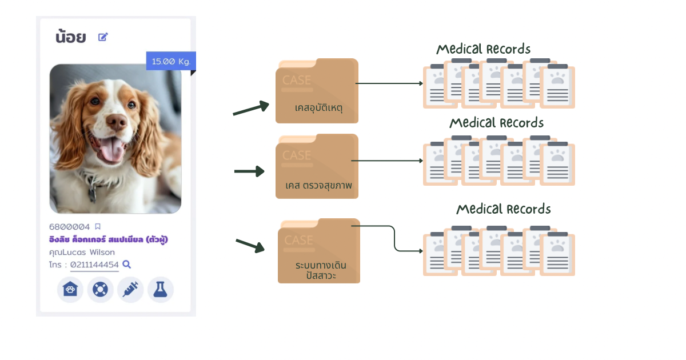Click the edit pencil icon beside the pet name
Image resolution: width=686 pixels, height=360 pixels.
[x=103, y=37]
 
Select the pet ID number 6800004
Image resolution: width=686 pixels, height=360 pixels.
[x=70, y=227]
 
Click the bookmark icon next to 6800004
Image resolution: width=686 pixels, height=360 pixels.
[x=98, y=227]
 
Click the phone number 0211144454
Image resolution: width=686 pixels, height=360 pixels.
[x=94, y=265]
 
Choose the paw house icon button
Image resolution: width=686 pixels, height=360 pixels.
[x=70, y=290]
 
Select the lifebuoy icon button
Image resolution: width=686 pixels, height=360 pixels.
[x=100, y=290]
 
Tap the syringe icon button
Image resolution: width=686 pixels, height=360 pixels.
[x=130, y=290]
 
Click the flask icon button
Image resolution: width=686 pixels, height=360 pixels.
[x=161, y=290]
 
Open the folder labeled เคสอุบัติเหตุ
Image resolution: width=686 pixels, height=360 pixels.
[x=317, y=91]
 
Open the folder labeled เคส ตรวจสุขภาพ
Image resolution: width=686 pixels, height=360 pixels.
[x=317, y=167]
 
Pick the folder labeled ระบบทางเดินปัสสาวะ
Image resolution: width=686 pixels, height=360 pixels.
[x=318, y=251]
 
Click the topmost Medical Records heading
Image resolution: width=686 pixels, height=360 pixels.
[x=484, y=49]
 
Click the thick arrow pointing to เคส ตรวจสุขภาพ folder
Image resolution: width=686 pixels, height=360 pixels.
[x=249, y=171]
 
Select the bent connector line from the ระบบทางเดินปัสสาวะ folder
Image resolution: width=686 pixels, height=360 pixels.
[x=394, y=239]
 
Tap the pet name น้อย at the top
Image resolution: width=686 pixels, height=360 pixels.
[x=71, y=38]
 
